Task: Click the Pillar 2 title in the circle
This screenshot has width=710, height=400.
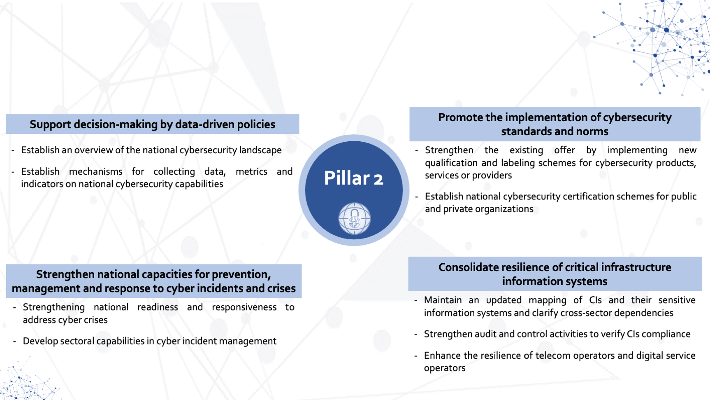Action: click(x=354, y=178)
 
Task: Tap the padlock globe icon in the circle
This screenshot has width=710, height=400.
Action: click(x=354, y=218)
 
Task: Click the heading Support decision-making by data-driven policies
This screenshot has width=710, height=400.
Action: click(x=152, y=124)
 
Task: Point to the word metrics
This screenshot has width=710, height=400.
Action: click(x=251, y=171)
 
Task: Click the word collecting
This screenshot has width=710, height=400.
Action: click(x=174, y=172)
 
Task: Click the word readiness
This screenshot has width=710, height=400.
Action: click(x=158, y=307)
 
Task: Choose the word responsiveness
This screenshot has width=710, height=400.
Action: click(x=244, y=308)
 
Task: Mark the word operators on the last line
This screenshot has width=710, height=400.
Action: click(x=445, y=368)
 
